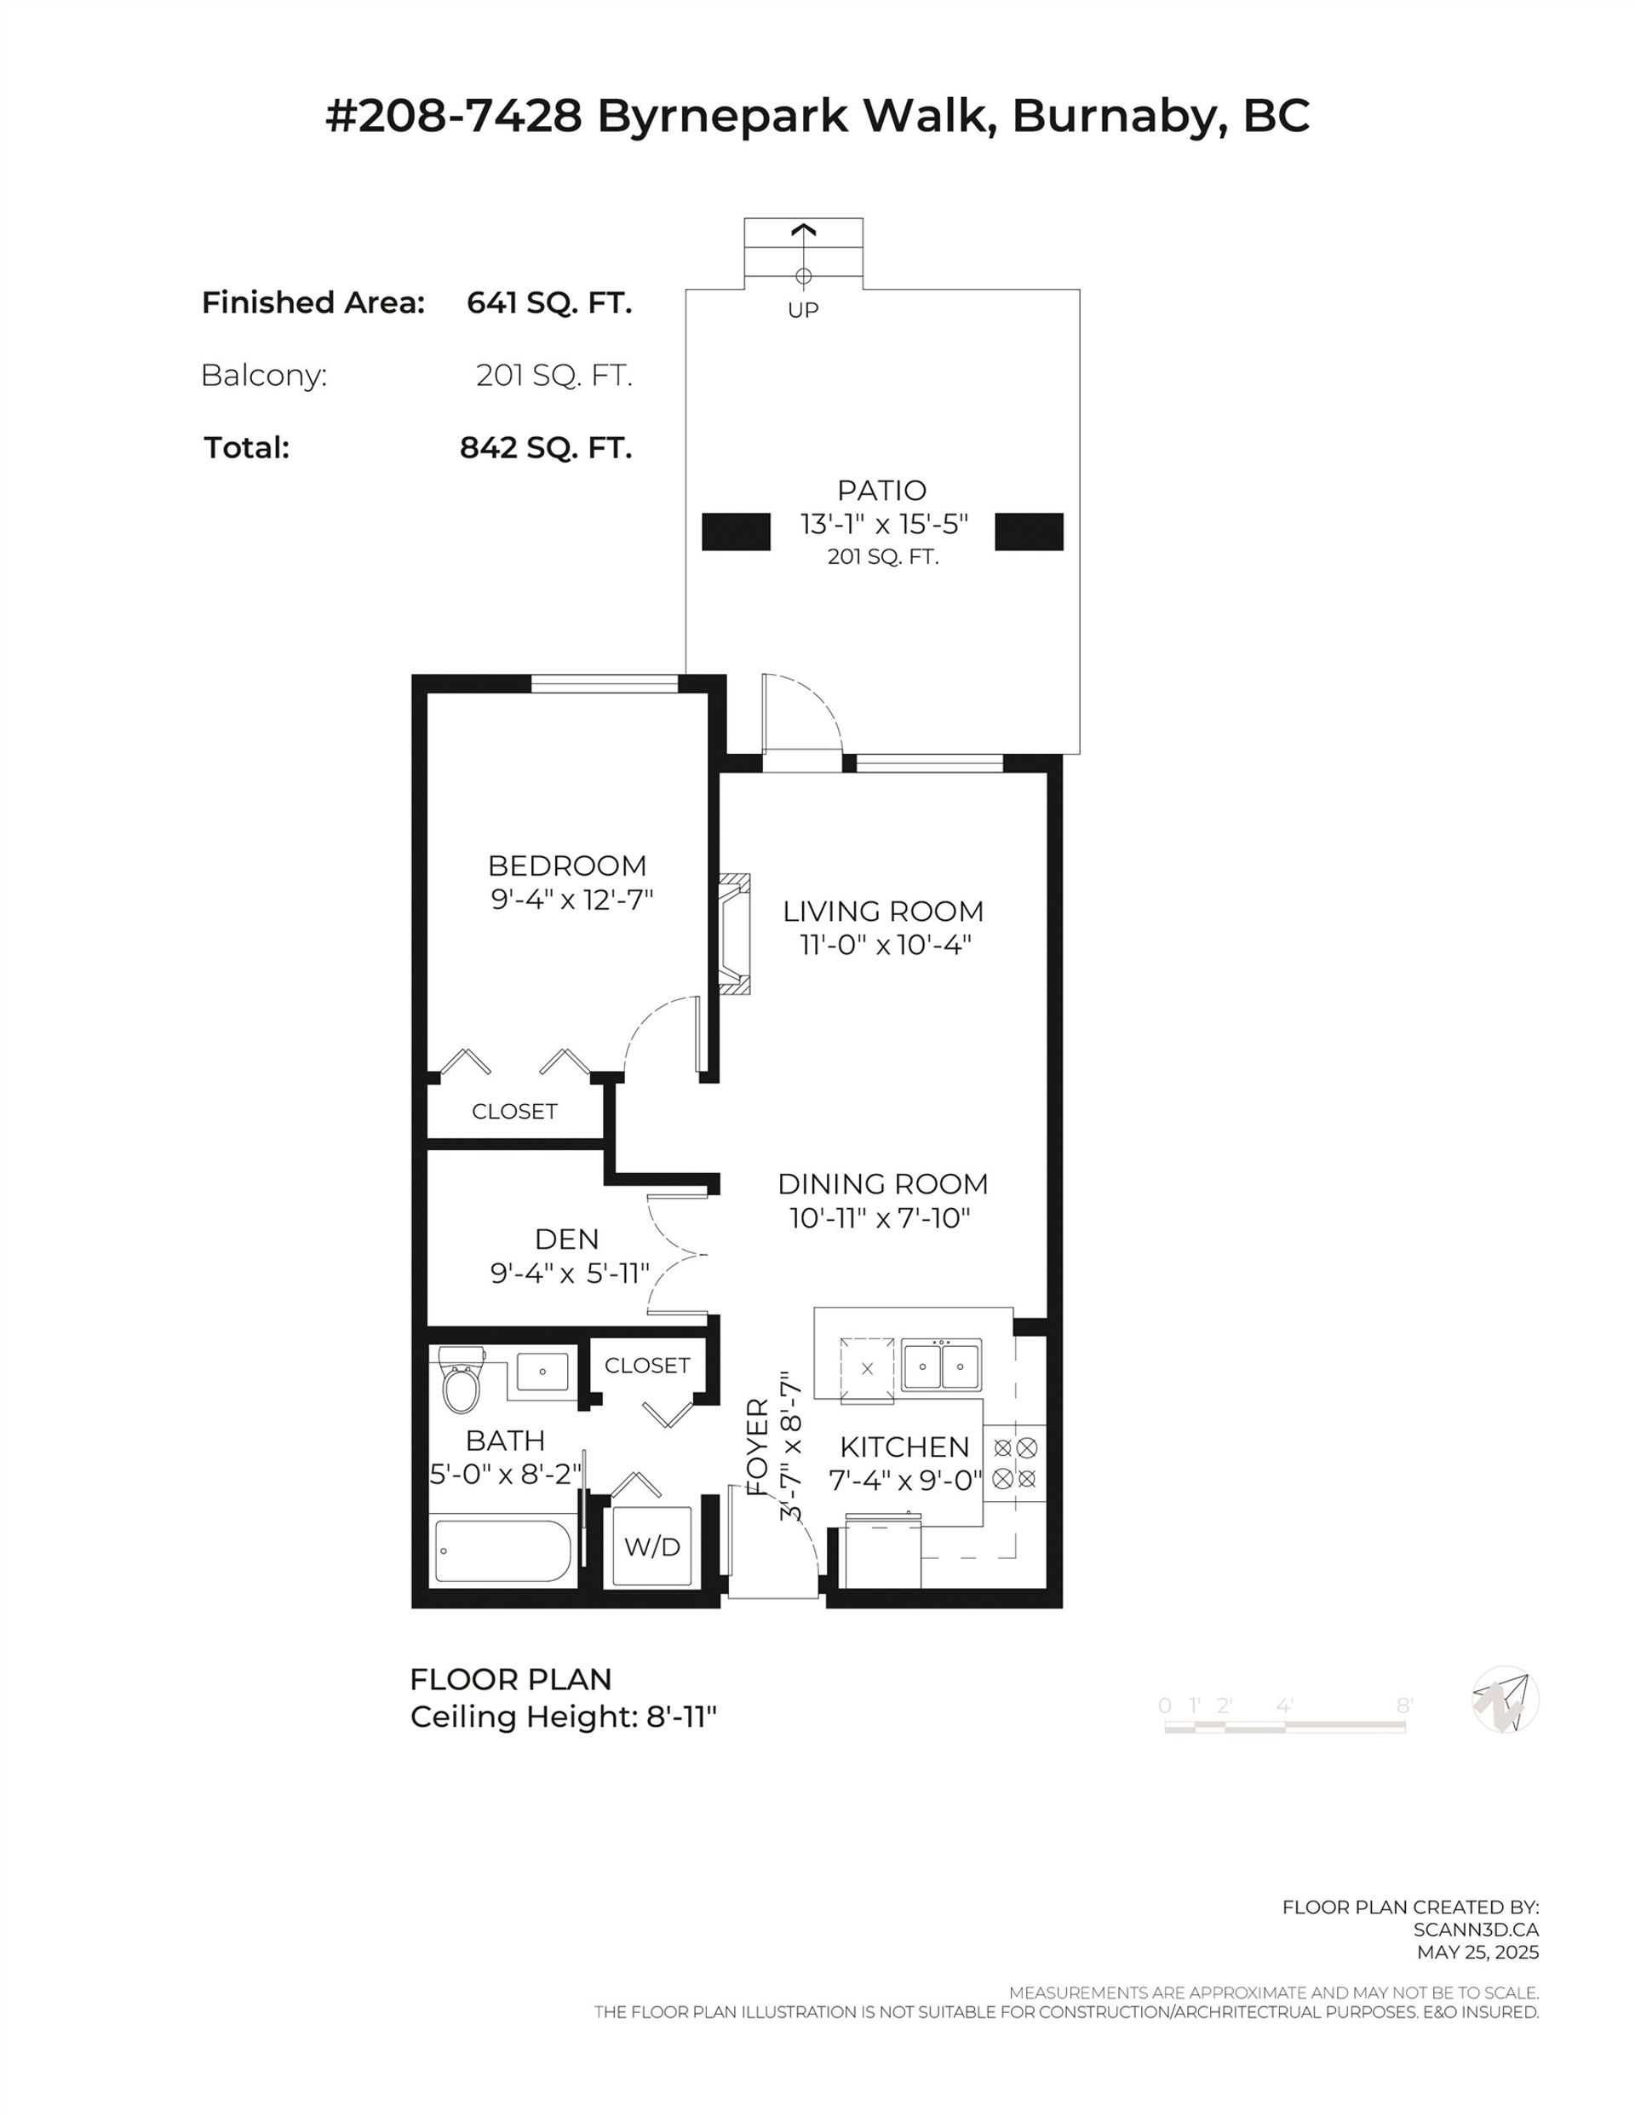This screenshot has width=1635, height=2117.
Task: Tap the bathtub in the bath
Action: tap(503, 1550)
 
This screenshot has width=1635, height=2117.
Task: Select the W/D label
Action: tap(651, 1547)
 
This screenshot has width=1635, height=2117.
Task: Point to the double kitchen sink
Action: tap(940, 1366)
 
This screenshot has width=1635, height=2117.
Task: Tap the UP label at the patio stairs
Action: tap(802, 309)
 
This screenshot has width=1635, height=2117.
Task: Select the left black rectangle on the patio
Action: tap(736, 532)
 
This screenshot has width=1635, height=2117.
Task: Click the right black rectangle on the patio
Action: tap(1029, 532)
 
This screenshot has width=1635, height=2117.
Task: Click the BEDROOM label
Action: tap(567, 865)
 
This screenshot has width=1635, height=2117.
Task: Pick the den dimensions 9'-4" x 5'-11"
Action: tap(569, 1273)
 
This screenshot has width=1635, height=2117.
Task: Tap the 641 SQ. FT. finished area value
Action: tap(548, 303)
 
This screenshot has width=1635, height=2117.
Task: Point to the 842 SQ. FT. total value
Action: tap(546, 448)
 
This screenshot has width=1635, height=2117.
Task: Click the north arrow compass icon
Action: tap(1504, 1700)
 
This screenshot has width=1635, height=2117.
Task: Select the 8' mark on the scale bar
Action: tap(1403, 1705)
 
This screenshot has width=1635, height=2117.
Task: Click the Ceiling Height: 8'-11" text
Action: tap(563, 1717)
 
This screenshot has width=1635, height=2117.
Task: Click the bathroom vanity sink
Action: tap(542, 1372)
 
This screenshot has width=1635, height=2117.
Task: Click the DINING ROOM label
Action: tap(882, 1183)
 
